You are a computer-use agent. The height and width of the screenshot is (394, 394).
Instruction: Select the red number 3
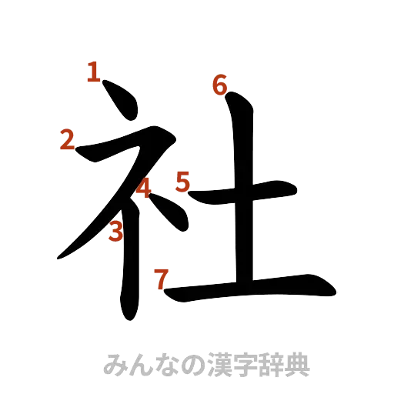point(115,230)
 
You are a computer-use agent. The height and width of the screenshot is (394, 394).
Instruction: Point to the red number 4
point(144,187)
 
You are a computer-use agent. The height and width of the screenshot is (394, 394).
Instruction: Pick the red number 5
point(182,182)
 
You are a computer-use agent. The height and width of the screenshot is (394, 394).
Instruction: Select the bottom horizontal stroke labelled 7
point(254,289)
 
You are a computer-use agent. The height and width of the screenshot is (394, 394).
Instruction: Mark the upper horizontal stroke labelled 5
point(246,187)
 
